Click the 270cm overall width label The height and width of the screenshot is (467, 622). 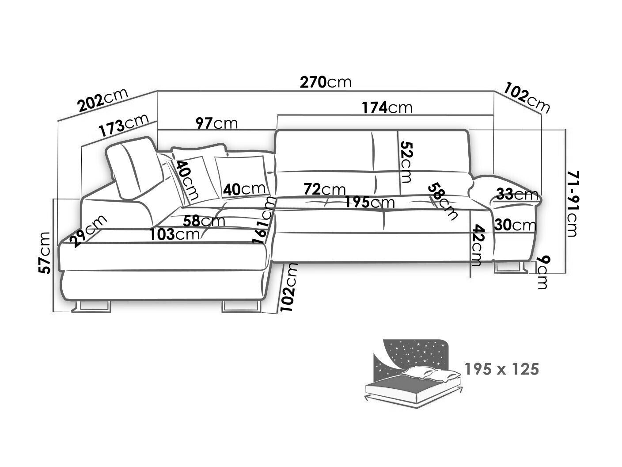pos(326,82)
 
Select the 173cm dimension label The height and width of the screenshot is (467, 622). pos(124,125)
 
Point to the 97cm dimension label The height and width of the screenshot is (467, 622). pos(216,123)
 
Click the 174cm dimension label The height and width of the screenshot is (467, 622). pos(387,107)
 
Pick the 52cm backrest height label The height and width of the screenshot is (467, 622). pos(406,162)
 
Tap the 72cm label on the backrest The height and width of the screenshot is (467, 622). pos(324,189)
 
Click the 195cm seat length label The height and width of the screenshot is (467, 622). pos(370,203)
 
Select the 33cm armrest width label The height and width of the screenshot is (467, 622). pos(517,194)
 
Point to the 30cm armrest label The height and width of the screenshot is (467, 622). pos(515,225)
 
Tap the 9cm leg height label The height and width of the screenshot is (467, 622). pos(542,272)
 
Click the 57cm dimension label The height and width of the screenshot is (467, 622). pos(45,253)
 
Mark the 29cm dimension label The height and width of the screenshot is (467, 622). pos(88,231)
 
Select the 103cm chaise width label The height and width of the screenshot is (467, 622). pos(174,234)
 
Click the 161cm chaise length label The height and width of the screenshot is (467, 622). pos(264,220)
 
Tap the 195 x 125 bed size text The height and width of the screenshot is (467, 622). pos(501,369)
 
